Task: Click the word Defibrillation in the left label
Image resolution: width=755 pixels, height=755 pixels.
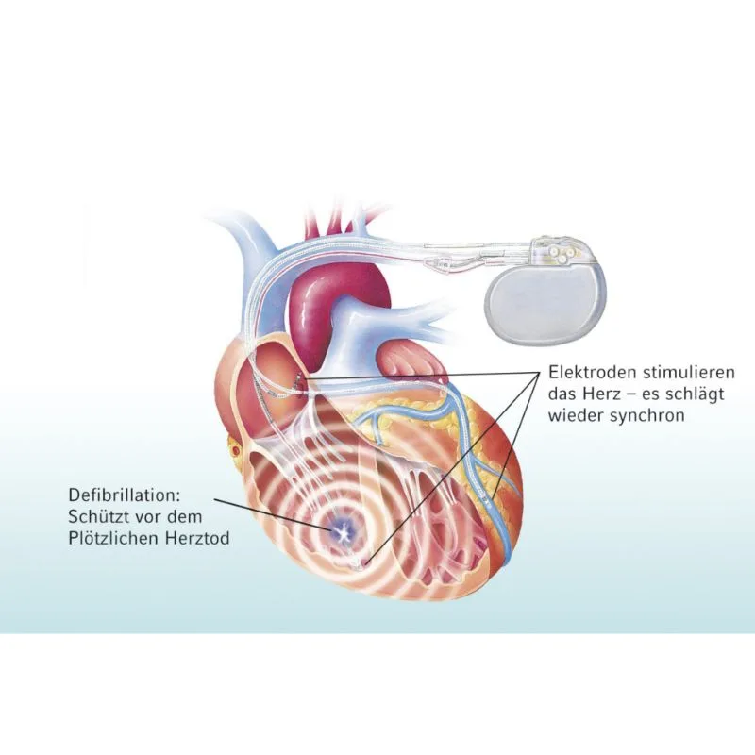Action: coord(124,495)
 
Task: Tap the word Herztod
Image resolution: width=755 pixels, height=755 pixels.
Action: coord(197,538)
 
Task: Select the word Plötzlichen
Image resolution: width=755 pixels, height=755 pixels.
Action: coord(113,538)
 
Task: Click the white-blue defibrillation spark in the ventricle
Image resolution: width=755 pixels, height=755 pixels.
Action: coord(343,531)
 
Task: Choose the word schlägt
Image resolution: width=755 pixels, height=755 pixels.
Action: coord(693,394)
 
